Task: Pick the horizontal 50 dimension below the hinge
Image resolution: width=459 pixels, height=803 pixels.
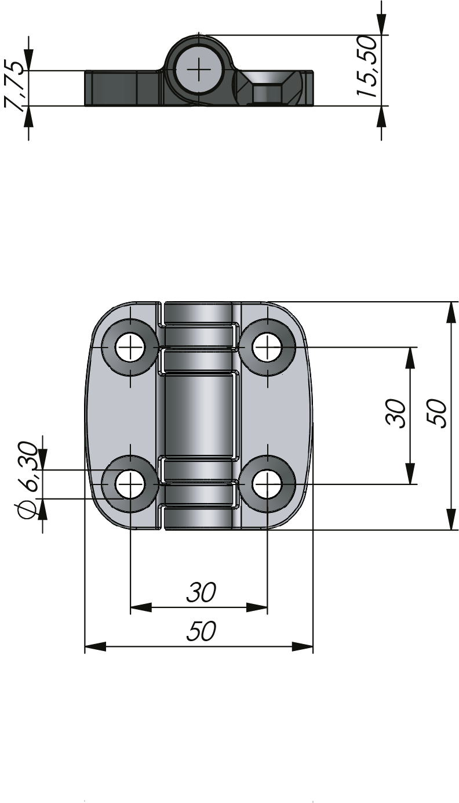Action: pos(201,631)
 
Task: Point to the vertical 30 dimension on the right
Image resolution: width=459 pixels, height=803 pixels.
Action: pos(397,413)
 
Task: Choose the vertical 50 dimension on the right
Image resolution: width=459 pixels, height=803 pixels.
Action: pos(439,413)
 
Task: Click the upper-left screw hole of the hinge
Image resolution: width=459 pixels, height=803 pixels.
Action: pos(130,348)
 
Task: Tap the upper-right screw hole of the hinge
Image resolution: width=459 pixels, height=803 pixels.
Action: pos(267,348)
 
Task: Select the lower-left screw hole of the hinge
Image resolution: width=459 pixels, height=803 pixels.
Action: pos(130,483)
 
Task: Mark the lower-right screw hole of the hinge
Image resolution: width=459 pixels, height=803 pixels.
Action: pos(267,483)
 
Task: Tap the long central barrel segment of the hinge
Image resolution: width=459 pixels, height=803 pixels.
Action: pos(200,415)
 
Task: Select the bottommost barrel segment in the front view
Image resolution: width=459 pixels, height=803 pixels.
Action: pos(200,518)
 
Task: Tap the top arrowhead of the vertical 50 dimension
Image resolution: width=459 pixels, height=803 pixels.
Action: pos(450,312)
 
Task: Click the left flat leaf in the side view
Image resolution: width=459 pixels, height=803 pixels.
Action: pos(122,88)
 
